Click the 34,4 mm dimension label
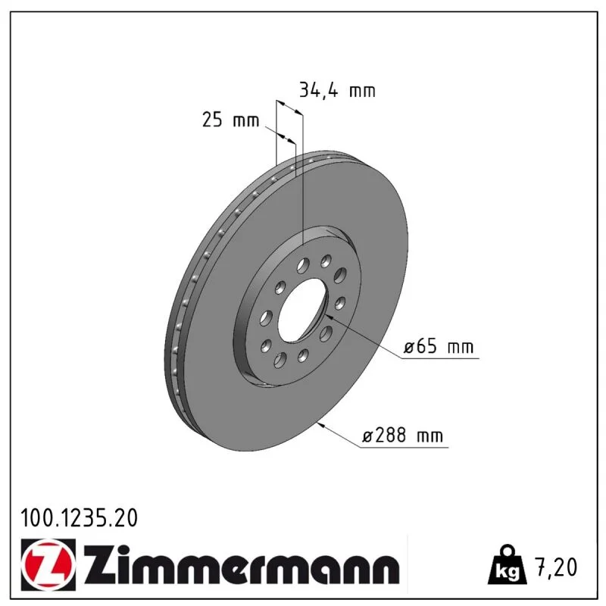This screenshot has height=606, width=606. coord(337,91)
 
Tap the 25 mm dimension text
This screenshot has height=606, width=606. coord(231,120)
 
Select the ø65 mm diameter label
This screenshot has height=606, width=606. coord(439,346)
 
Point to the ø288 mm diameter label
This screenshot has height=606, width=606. coord(402,436)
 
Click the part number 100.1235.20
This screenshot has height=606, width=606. coord(80,518)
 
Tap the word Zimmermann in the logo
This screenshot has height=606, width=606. coord(242,565)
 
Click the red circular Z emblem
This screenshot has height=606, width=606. coord(48,564)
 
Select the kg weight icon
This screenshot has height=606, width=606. coord(507,565)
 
